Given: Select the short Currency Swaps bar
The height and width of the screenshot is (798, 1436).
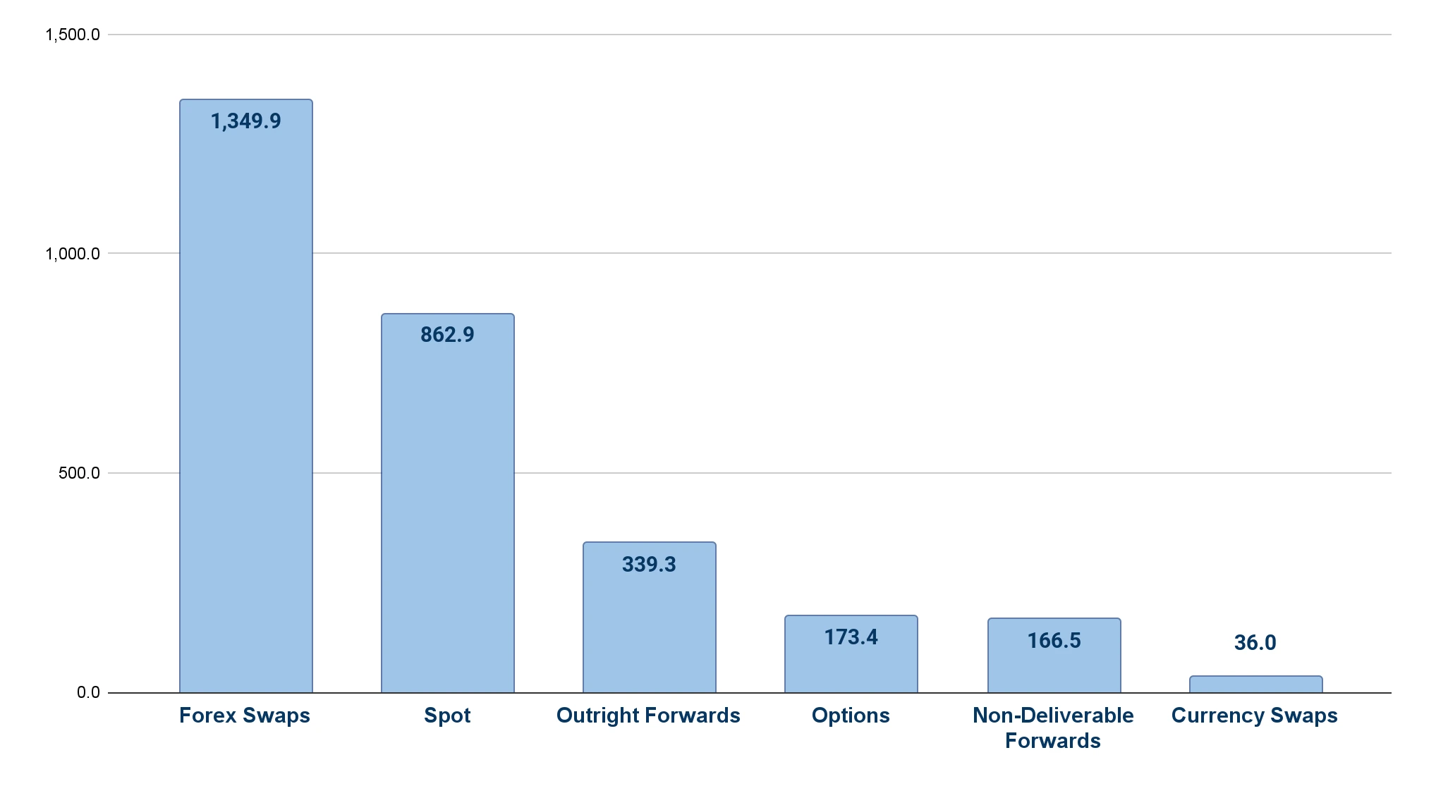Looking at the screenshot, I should click(1255, 685).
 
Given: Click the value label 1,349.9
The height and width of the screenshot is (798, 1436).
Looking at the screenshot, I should click(245, 121).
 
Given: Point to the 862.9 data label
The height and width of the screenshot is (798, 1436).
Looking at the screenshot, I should click(447, 335).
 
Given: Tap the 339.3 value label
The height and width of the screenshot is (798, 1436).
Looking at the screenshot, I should click(649, 565).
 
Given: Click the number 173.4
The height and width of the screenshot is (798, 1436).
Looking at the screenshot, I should click(851, 637).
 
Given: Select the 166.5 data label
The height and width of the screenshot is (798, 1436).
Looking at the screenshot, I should click(1054, 641).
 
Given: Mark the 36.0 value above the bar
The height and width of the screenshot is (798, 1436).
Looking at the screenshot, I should click(1255, 643).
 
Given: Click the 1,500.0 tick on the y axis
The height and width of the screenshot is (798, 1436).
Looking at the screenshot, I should click(73, 35).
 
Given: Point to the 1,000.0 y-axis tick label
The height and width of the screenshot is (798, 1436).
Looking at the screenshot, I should click(73, 254).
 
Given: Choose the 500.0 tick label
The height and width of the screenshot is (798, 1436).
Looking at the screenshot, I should click(79, 473).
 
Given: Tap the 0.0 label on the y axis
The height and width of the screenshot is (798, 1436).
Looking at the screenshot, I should click(88, 692).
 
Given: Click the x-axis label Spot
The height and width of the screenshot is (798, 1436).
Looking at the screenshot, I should click(447, 716).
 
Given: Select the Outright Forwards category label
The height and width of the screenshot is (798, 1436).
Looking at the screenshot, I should click(648, 716).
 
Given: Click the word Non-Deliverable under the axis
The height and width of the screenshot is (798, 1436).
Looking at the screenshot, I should click(1053, 716).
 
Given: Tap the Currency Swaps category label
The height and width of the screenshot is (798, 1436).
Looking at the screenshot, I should click(1254, 716).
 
